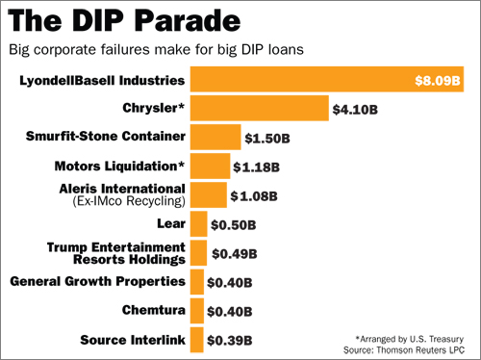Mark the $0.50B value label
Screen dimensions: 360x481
234,224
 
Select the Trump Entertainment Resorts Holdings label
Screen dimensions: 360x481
115,253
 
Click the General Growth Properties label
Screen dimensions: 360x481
96,281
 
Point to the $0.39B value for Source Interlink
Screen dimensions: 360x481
231,340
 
